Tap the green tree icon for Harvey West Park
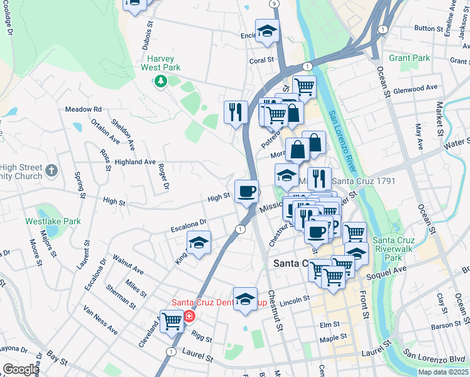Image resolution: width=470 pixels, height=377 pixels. coord(160,81)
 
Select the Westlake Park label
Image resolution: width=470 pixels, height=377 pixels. coord(53,221)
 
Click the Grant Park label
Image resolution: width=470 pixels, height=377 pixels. coord(409,58)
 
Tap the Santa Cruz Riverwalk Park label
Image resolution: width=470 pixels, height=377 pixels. coord(396,249)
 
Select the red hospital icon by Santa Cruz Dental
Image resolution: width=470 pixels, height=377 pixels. coord(189,314)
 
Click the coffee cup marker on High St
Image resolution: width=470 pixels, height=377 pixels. coord(246,190)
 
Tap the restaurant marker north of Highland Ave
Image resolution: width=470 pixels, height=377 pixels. coord(235,112)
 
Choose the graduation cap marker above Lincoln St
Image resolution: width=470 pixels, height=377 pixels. coord(245,298)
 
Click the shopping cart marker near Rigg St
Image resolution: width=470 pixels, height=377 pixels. coord(171,320)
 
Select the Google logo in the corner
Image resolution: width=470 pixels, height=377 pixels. coord(21,369)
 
